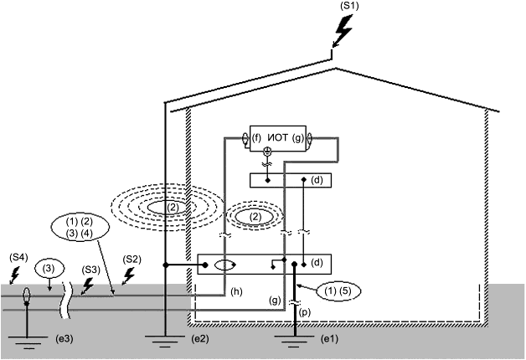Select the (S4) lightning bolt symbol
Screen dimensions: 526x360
click(x=14, y=275)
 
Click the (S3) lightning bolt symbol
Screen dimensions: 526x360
click(x=87, y=286)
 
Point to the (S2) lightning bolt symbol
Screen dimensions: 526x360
click(x=128, y=276)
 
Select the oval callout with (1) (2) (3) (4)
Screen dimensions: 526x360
click(x=80, y=227)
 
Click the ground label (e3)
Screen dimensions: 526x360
click(x=64, y=339)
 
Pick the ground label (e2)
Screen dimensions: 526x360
click(x=200, y=339)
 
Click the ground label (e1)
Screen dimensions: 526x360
click(x=329, y=339)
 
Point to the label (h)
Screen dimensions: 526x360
click(x=236, y=292)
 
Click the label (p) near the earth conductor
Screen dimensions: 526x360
click(x=305, y=312)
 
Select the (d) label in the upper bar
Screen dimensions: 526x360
click(x=317, y=180)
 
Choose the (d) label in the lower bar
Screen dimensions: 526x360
click(x=317, y=262)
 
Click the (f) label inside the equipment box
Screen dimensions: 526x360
click(x=256, y=138)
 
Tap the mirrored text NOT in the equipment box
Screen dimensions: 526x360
click(x=278, y=138)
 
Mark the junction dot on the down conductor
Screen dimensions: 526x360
click(x=165, y=265)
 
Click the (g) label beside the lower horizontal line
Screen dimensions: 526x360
click(x=275, y=301)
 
